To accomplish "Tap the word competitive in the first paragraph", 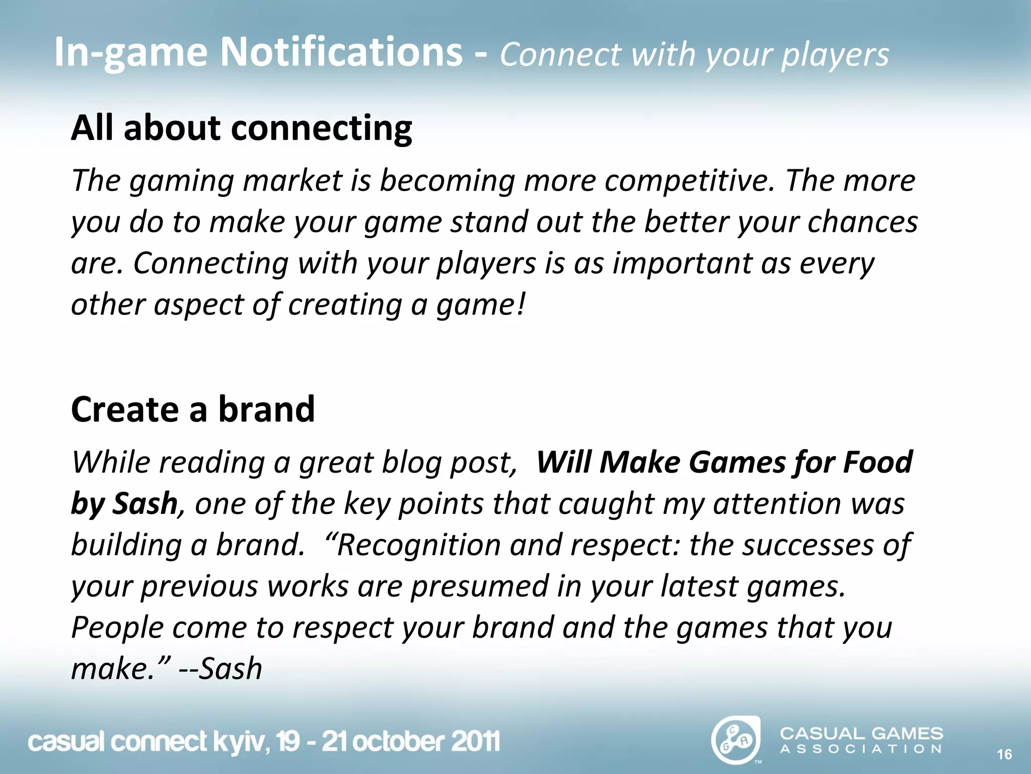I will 689,181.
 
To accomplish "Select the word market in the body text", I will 292,181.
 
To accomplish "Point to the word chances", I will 862,222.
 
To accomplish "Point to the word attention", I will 777,504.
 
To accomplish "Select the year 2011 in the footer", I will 475,741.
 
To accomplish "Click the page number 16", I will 1004,754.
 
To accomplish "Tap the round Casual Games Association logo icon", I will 735,740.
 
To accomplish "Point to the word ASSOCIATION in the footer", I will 861,749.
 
